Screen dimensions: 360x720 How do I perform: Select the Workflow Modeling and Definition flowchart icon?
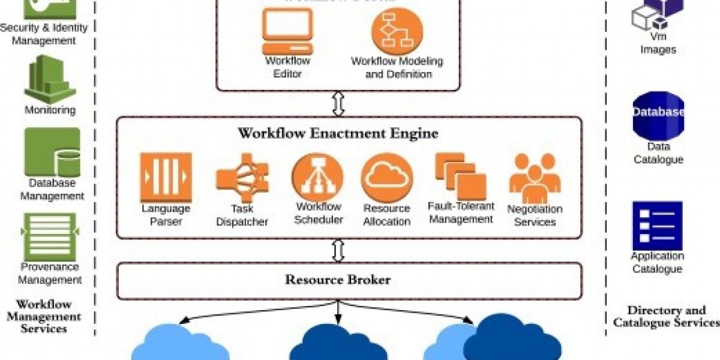(397, 31)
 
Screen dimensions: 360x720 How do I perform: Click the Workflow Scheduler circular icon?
(317, 177)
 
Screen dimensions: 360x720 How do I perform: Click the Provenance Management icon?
(50, 236)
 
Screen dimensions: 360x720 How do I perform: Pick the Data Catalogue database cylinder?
(658, 115)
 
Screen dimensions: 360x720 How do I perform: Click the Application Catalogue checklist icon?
(657, 225)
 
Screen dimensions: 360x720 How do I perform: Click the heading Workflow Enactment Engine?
(338, 133)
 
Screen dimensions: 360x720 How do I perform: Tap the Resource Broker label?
(338, 280)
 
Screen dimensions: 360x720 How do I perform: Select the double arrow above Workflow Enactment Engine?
(338, 104)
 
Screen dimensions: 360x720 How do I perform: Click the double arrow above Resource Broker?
(338, 250)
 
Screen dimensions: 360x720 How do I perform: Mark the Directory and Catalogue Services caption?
(666, 316)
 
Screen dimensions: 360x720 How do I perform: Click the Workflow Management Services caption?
(44, 316)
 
